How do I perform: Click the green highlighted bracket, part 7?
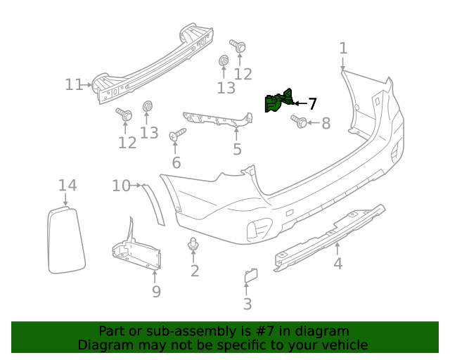point(278,103)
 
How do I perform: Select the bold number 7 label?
point(312,104)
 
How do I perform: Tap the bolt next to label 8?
point(297,122)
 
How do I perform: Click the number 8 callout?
point(325,124)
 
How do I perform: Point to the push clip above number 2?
point(193,245)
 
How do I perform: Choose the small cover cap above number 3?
point(250,276)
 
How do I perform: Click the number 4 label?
point(337,264)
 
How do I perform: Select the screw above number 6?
point(177,134)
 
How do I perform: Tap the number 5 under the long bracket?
point(237,149)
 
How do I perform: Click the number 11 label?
point(75,84)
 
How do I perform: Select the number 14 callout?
point(67,186)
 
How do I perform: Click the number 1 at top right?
point(343,48)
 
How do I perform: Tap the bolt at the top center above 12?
point(238,48)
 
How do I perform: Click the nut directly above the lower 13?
point(148,107)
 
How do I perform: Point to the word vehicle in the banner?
point(344,345)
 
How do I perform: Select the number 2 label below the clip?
point(195,271)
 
